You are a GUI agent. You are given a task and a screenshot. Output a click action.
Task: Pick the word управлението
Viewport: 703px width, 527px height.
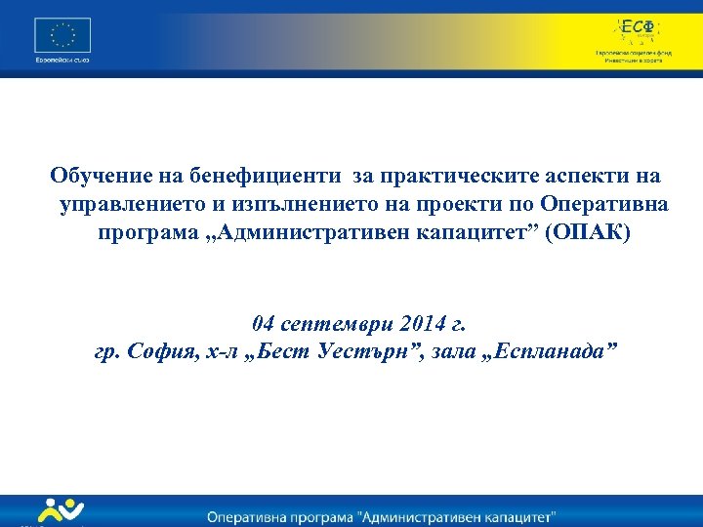pyautogui.click(x=130, y=205)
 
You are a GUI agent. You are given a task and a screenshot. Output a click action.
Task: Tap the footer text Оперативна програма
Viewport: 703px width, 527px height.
pyautogui.click(x=293, y=514)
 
